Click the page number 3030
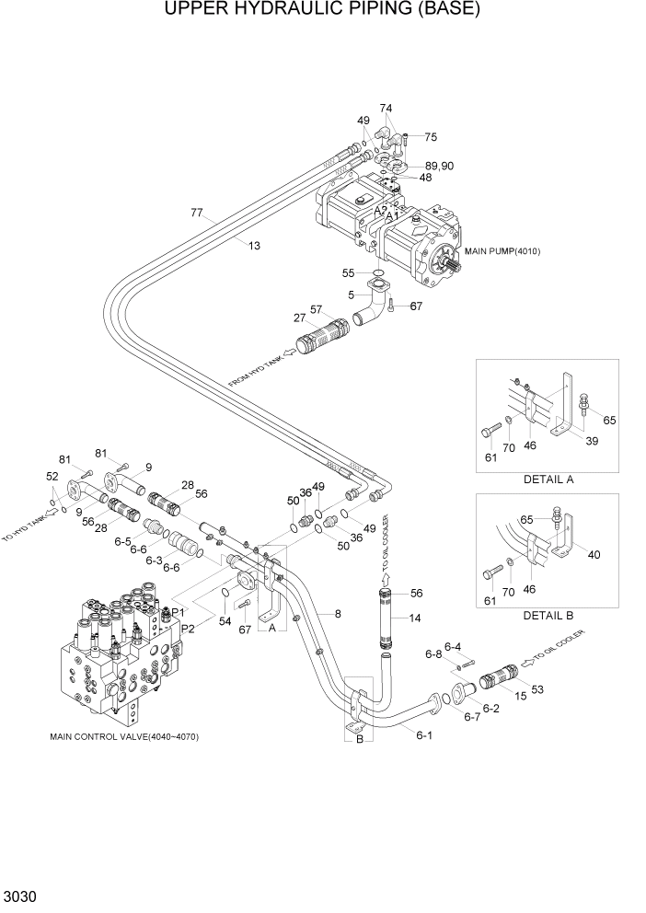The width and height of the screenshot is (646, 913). pyautogui.click(x=21, y=896)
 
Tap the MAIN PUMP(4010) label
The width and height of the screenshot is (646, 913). pyautogui.click(x=502, y=251)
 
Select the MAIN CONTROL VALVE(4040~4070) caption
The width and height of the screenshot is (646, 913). pyautogui.click(x=126, y=736)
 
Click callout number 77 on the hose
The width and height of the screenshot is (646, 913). pyautogui.click(x=196, y=214)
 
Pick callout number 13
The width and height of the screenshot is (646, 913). pyautogui.click(x=254, y=245)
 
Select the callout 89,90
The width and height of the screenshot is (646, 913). pyautogui.click(x=439, y=166)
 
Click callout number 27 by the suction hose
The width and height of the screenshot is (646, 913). pyautogui.click(x=300, y=318)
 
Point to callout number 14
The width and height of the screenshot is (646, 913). pyautogui.click(x=417, y=619)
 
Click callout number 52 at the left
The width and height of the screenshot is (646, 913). pyautogui.click(x=52, y=477)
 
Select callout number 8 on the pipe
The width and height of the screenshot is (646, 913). pyautogui.click(x=337, y=613)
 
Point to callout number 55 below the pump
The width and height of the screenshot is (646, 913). pyautogui.click(x=349, y=273)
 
